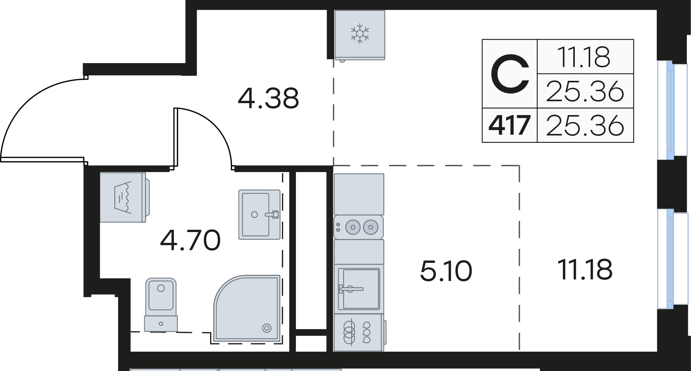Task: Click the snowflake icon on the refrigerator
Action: tap(360, 33)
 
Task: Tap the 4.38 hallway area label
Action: tap(268, 99)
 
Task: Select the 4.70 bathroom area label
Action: tap(190, 240)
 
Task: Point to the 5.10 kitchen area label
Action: tap(446, 271)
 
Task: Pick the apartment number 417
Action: tap(509, 125)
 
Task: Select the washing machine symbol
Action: tap(125, 197)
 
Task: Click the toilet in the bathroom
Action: tap(161, 304)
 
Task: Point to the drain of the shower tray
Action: tap(266, 328)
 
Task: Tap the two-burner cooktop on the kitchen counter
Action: tap(359, 227)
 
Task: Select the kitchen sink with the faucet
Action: tap(359, 289)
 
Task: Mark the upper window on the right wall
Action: tap(672, 110)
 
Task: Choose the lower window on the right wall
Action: tap(672, 259)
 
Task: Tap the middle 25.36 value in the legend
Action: tap(585, 92)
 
